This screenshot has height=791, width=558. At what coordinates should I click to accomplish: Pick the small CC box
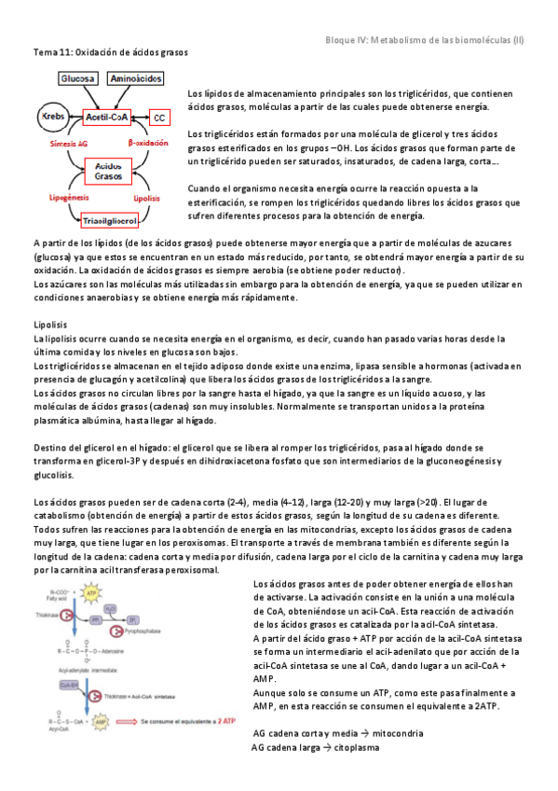tap(160, 118)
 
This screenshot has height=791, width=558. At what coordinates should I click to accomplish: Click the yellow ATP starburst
tap(90, 592)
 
